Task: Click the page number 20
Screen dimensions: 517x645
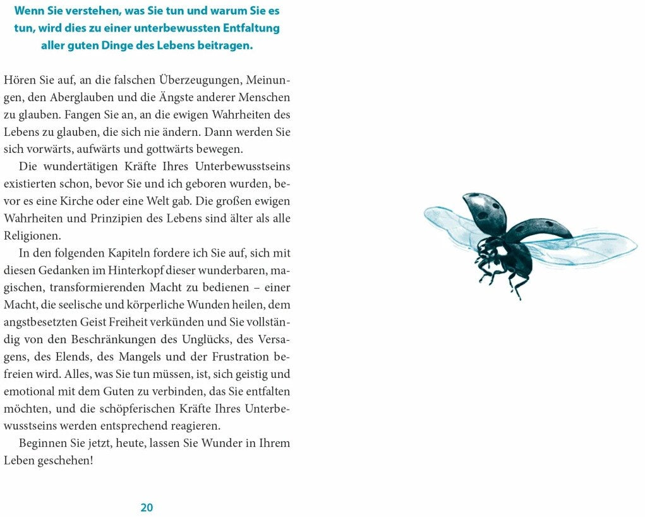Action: [147, 507]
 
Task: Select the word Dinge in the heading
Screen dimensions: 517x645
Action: [121, 46]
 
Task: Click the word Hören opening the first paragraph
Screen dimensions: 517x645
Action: [20, 80]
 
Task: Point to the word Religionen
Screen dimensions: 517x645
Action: [32, 235]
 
